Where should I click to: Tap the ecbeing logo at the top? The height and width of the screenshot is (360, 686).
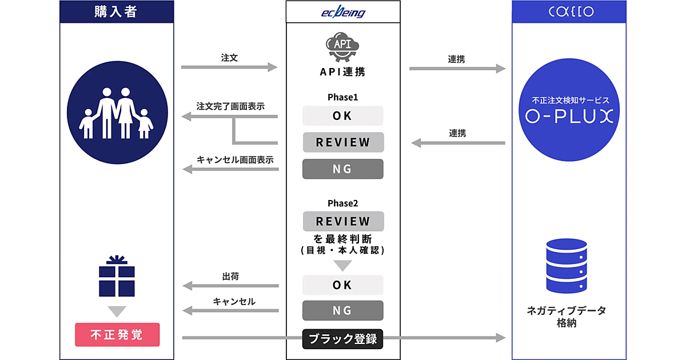tap(343, 12)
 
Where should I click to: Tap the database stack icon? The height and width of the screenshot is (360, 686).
tap(567, 266)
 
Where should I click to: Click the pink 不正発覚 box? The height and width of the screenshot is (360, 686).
tap(117, 334)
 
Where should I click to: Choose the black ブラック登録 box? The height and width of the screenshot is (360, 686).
tap(343, 338)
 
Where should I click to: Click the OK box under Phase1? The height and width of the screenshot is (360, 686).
tap(343, 116)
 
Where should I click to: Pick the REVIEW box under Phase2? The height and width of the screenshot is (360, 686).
tap(343, 221)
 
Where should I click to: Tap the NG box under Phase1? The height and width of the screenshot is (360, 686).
tap(343, 169)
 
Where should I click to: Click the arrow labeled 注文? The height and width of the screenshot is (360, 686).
tap(229, 67)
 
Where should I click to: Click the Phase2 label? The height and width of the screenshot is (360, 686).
tap(342, 203)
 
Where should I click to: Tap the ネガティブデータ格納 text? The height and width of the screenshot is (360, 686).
tap(567, 316)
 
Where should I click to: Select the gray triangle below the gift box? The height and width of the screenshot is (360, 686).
tap(117, 311)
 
